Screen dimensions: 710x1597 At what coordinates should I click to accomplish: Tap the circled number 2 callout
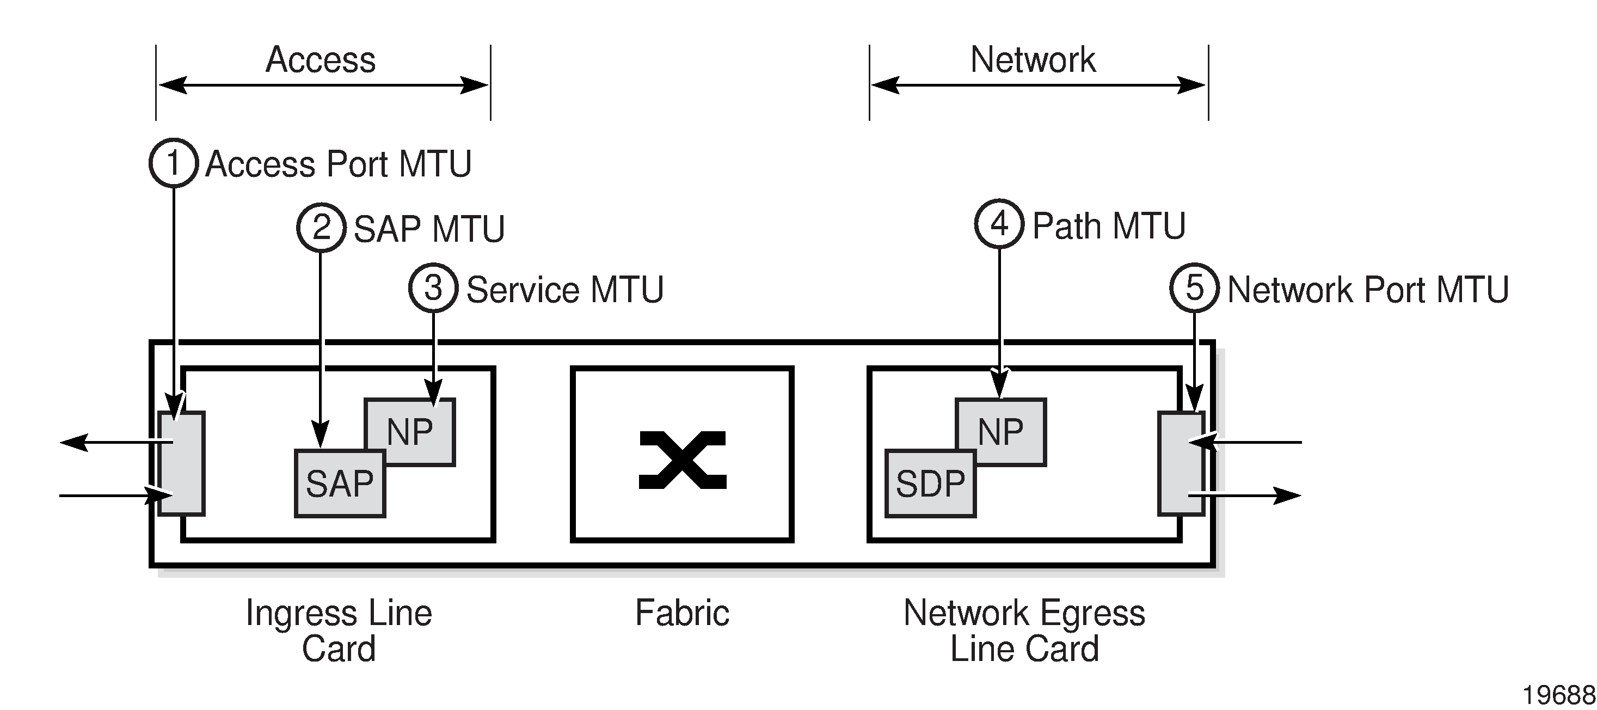coord(321,228)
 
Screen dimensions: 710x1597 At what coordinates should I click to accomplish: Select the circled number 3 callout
coord(433,289)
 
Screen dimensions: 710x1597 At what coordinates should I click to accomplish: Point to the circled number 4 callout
coord(999,224)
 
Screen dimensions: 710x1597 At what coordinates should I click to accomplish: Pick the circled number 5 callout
coord(1194,289)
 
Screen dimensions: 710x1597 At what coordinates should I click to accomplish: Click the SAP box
coord(340,483)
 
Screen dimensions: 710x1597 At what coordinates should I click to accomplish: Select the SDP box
coord(930,483)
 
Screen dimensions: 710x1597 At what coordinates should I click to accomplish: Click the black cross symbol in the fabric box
coord(682,460)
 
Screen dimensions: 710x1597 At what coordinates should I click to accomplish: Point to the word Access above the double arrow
coord(321,59)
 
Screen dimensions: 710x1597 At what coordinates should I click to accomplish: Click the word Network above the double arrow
coord(1033,59)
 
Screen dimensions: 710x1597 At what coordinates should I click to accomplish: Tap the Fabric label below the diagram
coord(682,613)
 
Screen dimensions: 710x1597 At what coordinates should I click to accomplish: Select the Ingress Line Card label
coord(339,630)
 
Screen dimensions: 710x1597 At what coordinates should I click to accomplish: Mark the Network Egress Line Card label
coord(1024,630)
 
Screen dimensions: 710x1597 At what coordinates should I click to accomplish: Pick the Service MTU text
coord(564,290)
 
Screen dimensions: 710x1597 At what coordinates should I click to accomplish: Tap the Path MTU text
coord(1108,226)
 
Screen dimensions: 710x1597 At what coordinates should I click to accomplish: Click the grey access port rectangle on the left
coord(181,463)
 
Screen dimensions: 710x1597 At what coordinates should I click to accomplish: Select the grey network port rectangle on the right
coord(1181,463)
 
